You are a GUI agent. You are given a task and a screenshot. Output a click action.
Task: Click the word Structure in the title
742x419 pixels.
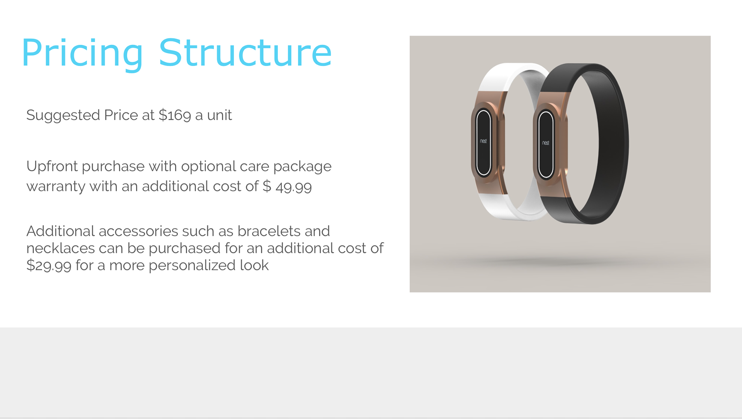245,53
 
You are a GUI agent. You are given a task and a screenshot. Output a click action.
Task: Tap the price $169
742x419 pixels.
175,115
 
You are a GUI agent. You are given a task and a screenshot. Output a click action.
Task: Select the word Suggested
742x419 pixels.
63,115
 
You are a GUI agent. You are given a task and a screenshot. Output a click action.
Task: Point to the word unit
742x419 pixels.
220,115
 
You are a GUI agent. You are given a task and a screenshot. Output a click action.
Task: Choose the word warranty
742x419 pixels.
56,187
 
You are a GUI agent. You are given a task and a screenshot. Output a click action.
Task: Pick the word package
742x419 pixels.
302,167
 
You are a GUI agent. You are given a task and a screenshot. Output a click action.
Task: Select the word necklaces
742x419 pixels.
60,248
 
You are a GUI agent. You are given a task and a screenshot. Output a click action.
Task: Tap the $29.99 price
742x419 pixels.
49,266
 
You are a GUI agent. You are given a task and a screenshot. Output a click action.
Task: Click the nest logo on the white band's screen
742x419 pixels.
483,141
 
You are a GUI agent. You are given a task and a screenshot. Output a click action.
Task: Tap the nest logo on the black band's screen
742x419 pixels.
545,143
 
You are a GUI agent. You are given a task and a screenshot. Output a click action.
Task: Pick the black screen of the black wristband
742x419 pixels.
546,144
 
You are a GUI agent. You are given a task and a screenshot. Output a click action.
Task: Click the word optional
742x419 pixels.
208,167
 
